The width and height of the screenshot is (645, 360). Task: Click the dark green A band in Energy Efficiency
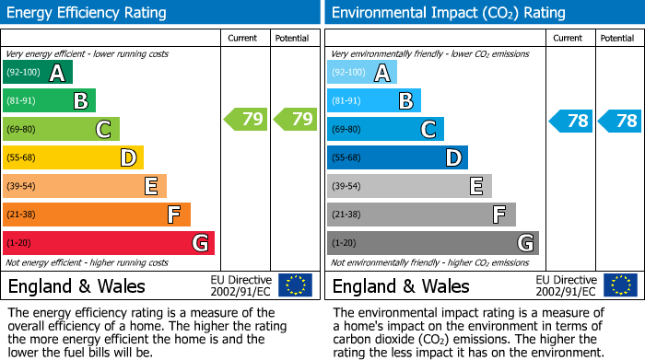click(38, 73)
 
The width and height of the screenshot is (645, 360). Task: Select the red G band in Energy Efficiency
click(109, 243)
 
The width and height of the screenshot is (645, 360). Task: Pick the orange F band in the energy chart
click(97, 215)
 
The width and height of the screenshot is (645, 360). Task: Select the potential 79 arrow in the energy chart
click(296, 119)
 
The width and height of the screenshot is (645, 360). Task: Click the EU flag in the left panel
click(295, 285)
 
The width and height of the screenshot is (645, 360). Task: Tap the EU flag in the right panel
click(620, 285)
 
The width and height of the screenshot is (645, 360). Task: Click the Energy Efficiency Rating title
click(88, 13)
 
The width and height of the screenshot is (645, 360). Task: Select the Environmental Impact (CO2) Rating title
click(447, 13)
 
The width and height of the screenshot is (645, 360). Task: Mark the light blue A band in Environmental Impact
click(362, 73)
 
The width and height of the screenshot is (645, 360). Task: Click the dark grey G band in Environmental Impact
click(432, 243)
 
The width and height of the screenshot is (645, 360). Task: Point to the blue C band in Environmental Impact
click(385, 130)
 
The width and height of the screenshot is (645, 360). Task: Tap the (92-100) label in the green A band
click(23, 73)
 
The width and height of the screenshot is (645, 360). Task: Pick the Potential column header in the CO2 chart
click(617, 38)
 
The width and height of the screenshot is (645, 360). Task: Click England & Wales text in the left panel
click(76, 285)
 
